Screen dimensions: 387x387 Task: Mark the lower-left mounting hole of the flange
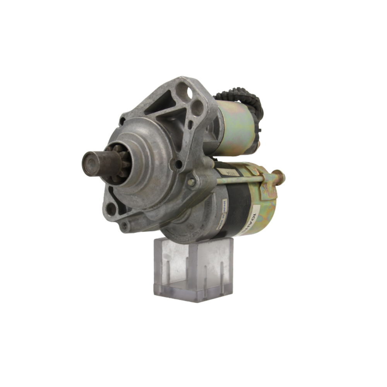click(x=111, y=209)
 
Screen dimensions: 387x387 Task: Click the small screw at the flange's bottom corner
click(x=124, y=226)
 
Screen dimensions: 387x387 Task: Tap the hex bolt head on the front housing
click(x=191, y=182)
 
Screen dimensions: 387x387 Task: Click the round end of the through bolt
click(x=279, y=176)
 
